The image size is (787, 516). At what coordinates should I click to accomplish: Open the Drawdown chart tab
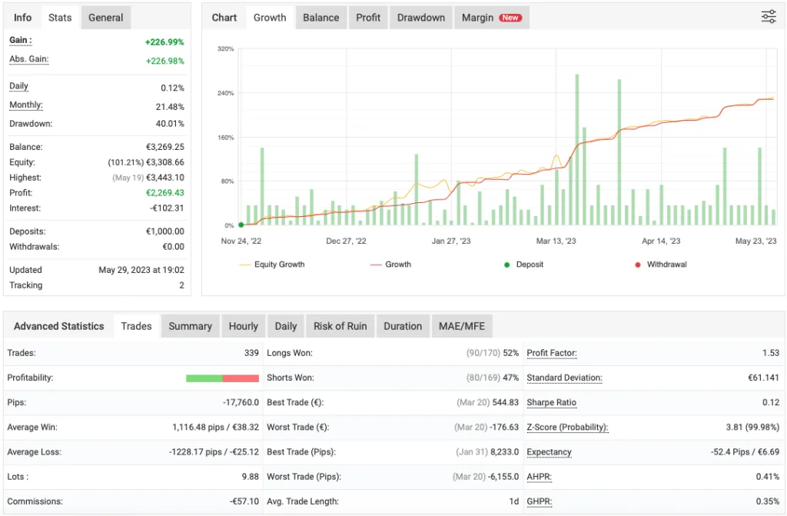pos(420,18)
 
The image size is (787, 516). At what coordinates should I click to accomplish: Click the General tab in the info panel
pos(105,18)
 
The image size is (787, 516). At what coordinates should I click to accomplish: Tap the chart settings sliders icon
pos(769,17)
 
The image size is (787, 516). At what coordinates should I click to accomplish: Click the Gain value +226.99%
pos(164,42)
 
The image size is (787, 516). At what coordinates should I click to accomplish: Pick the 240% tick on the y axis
pos(226,93)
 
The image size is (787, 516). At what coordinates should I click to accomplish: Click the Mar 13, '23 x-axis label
pos(556,241)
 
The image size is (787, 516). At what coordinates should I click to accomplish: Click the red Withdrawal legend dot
pos(638,265)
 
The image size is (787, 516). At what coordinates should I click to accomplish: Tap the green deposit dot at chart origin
pos(241,225)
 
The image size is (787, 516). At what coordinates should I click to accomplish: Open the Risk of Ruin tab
pos(340,326)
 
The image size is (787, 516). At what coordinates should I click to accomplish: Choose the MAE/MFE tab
pos(462,326)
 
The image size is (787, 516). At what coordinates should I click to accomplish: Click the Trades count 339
pos(251,353)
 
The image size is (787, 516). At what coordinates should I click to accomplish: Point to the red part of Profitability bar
pos(241,378)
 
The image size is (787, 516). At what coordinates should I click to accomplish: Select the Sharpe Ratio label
pos(551,402)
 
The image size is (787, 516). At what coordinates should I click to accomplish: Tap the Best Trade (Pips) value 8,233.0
pos(500,452)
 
